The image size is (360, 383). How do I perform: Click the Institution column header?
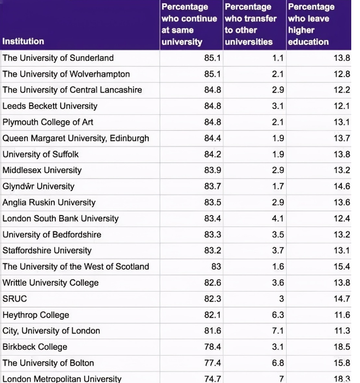point(24,41)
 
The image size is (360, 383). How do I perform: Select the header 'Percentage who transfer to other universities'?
point(248,24)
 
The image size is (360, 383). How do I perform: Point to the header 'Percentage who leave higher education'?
point(310,24)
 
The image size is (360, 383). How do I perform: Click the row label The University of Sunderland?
point(58,58)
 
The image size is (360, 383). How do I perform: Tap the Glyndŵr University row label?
point(38,186)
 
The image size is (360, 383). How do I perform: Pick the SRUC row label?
point(15,299)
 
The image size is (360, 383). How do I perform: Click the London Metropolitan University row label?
point(62,379)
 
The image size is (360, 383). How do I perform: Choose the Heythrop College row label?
point(36,315)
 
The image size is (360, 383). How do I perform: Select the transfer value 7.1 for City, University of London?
point(278,330)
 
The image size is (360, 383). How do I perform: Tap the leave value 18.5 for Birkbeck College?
point(341,347)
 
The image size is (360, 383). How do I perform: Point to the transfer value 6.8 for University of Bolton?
point(278,363)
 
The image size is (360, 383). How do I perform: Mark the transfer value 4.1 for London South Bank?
point(278,218)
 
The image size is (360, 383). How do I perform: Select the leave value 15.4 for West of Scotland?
point(341,266)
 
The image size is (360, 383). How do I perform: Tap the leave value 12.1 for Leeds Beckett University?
point(341,106)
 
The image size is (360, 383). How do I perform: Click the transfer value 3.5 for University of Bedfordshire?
point(278,234)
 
